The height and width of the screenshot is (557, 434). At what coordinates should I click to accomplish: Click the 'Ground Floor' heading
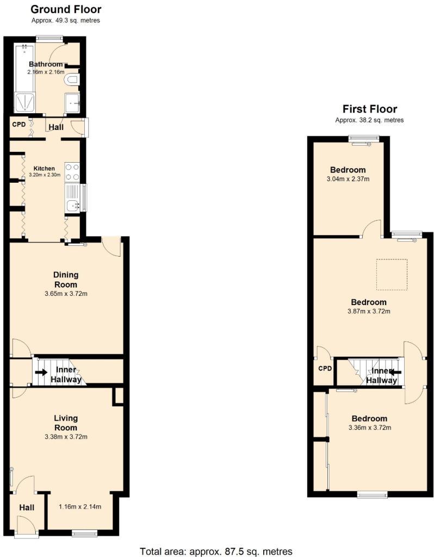[66, 9]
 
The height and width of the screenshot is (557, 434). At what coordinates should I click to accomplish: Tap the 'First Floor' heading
[369, 109]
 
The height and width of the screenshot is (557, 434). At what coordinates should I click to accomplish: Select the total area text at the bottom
[216, 550]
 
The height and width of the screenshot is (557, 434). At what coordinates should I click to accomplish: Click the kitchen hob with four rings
[72, 172]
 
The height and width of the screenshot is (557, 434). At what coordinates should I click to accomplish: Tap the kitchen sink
[73, 206]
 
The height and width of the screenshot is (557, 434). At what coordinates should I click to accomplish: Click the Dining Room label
[65, 280]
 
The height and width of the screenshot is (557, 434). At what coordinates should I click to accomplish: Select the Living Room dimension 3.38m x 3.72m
[65, 436]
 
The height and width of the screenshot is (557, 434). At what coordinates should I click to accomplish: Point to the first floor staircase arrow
[395, 373]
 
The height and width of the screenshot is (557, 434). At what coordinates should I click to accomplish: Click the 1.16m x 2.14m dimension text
[80, 506]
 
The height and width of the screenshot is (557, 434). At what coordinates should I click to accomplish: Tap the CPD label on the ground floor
[19, 123]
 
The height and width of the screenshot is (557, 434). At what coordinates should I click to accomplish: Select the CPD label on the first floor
[325, 368]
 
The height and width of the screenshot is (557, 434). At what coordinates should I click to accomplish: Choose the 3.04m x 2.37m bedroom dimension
[348, 179]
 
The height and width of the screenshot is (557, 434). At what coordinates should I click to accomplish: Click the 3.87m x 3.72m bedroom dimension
[369, 311]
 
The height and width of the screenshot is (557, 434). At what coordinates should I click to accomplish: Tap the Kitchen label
[44, 168]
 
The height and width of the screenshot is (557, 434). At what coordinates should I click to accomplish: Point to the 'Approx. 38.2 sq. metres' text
[369, 120]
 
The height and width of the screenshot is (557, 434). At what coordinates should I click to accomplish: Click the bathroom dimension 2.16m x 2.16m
[46, 72]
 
